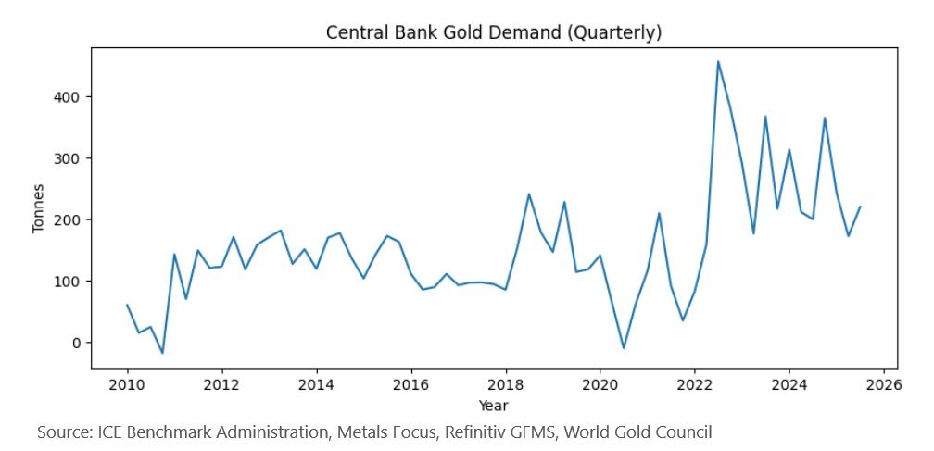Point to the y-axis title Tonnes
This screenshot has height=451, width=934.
38,208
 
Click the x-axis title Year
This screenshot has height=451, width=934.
493,405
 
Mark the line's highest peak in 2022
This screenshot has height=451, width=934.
718,62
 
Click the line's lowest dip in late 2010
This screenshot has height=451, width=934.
162,353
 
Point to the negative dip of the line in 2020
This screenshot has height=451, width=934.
624,348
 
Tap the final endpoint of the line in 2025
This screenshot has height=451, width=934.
860,207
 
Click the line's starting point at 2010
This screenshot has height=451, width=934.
127,305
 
